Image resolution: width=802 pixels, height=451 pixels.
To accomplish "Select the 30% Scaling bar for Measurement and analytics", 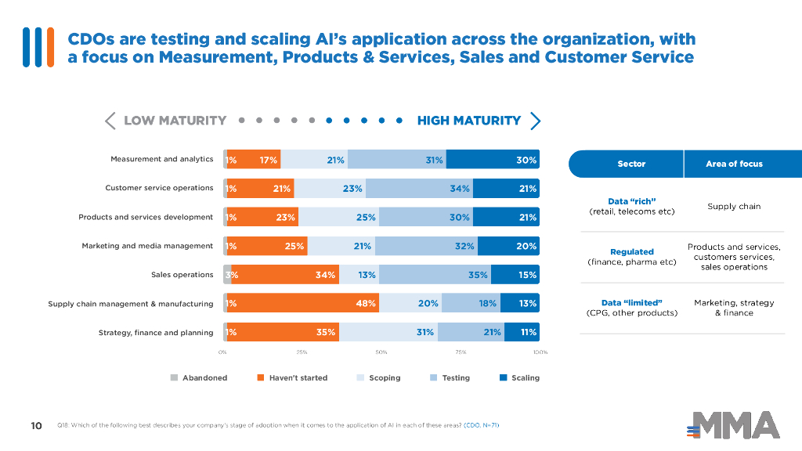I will click(493, 160).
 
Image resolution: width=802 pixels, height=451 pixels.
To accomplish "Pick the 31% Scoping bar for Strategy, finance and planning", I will click(388, 333).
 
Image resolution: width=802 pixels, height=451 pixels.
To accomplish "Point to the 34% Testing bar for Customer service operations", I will click(419, 189).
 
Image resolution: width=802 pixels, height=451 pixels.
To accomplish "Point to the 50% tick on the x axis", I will click(381, 353).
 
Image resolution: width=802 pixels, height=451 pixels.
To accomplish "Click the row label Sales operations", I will click(182, 275).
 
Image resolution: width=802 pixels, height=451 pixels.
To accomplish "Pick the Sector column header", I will click(631, 164).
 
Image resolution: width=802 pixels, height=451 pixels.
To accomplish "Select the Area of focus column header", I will click(734, 164).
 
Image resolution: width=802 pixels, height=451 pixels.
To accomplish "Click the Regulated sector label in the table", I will click(631, 252).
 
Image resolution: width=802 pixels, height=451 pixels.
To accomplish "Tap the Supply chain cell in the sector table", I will click(734, 207).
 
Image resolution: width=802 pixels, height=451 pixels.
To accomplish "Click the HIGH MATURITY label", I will click(468, 121).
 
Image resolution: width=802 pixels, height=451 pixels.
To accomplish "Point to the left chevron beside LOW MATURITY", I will click(110, 121).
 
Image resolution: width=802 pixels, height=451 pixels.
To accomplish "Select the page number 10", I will click(36, 426).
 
